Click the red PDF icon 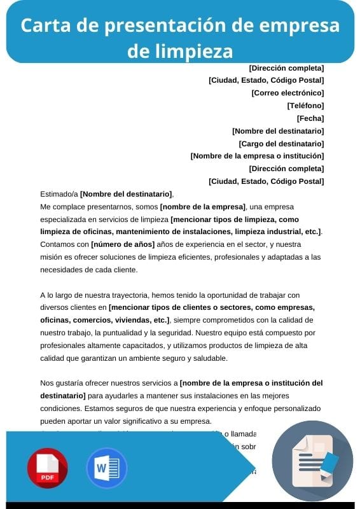click(x=47, y=468)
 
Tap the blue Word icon click(x=106, y=468)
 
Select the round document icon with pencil click(x=312, y=461)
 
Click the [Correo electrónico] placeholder click(x=287, y=93)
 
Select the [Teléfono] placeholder click(x=305, y=106)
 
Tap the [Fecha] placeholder click(x=310, y=118)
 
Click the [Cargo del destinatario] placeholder click(x=281, y=144)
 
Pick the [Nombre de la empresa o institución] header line click(x=257, y=156)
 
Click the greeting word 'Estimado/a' click(x=59, y=194)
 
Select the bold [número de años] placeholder click(x=123, y=244)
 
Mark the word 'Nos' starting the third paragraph click(x=47, y=383)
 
